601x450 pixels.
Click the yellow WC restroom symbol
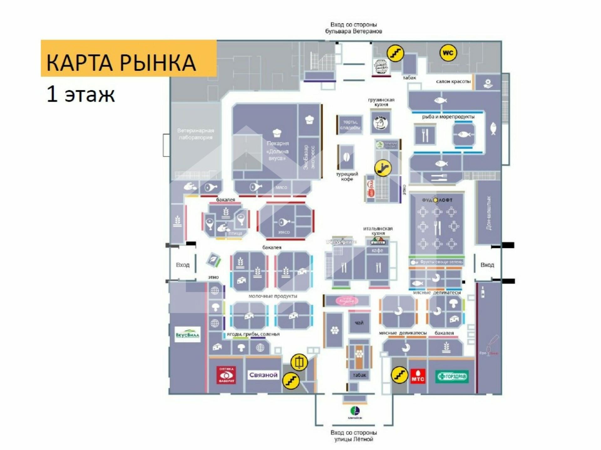[x=448, y=53]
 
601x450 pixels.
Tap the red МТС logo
[x=418, y=376]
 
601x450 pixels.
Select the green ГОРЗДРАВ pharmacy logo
[x=452, y=376]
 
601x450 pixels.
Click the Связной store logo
[x=263, y=375]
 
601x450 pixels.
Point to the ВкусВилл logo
[x=187, y=334]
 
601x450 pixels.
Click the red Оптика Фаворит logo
[x=226, y=375]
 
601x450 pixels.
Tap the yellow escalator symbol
[x=383, y=168]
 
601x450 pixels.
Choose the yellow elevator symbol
[x=299, y=362]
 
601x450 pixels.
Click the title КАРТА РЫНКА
[x=121, y=62]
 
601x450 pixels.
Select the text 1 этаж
[x=81, y=94]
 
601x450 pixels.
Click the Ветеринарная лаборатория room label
[x=196, y=134]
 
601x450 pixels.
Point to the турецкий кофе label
[x=347, y=177]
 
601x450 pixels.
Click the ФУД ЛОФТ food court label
[x=437, y=200]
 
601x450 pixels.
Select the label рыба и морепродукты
[x=448, y=117]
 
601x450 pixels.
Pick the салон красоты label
[x=453, y=82]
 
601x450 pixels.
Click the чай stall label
[x=359, y=323]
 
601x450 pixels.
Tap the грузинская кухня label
[x=381, y=102]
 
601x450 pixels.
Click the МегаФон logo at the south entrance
[x=355, y=412]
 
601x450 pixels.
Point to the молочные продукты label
[x=273, y=296]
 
